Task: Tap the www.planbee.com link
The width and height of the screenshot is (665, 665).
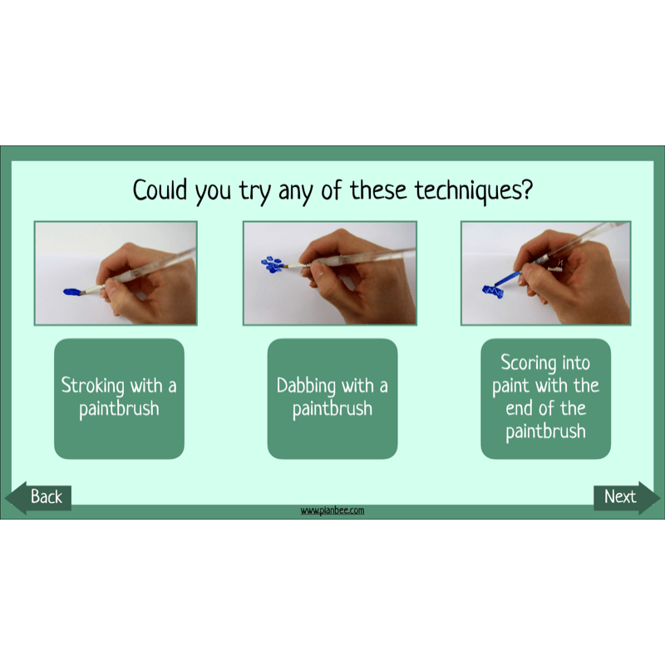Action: pyautogui.click(x=332, y=510)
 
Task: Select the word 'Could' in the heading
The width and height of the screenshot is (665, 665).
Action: pyautogui.click(x=161, y=190)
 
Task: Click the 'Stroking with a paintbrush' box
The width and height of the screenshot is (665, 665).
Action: pyautogui.click(x=119, y=398)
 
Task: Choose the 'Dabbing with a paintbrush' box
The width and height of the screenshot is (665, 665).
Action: pyautogui.click(x=332, y=398)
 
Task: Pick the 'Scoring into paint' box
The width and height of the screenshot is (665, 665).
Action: pyautogui.click(x=546, y=398)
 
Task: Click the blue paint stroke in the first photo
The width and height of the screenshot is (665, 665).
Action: pyautogui.click(x=71, y=291)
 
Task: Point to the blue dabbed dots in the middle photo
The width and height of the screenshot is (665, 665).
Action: pyautogui.click(x=272, y=264)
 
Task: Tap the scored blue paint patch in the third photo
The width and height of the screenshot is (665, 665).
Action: pyautogui.click(x=494, y=291)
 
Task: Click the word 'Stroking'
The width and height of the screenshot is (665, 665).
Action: pyautogui.click(x=94, y=387)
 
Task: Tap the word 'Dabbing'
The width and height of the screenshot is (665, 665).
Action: pyautogui.click(x=307, y=387)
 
